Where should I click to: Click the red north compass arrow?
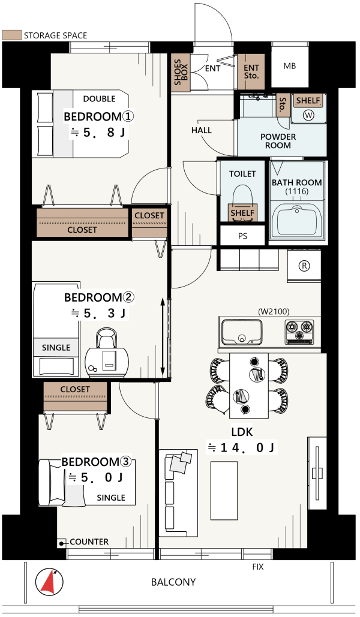49,583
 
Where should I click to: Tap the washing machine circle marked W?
309,115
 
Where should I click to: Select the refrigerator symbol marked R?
304,266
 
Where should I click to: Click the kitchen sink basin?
241,332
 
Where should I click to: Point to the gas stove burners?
299,330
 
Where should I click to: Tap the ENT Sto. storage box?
251,72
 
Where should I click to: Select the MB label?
289,66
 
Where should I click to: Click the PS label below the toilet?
242,236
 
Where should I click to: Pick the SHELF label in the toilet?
242,213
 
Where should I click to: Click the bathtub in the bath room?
297,219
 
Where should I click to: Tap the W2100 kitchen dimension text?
274,312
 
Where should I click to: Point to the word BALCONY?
173,582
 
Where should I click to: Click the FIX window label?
258,567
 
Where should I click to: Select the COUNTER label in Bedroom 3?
89,542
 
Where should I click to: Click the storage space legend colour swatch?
11,35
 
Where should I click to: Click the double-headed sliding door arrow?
162,337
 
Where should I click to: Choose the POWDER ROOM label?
278,141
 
